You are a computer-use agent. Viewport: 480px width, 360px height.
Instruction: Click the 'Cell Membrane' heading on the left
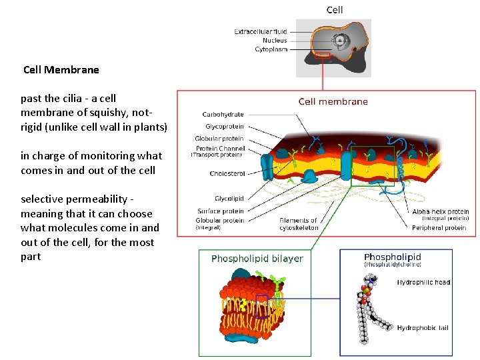tap(61, 69)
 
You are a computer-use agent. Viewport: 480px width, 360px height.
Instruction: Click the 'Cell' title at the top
tap(335, 9)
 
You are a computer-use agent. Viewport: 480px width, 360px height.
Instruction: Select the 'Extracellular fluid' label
tap(261, 31)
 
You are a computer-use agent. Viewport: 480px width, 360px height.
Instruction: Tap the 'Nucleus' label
tap(274, 40)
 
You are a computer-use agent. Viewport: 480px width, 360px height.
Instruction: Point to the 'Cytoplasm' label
tap(271, 49)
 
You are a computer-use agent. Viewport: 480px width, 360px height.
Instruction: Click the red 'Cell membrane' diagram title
tap(333, 101)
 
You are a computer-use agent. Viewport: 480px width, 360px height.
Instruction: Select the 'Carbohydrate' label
tap(223, 114)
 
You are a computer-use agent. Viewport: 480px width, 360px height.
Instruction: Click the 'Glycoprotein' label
tap(224, 126)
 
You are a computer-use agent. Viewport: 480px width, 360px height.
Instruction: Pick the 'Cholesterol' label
tap(227, 173)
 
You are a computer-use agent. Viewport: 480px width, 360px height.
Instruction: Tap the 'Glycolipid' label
tap(229, 198)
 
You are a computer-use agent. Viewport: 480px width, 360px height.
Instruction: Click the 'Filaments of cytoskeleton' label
tap(299, 224)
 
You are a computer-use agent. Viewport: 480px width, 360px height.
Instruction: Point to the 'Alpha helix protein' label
tap(440, 211)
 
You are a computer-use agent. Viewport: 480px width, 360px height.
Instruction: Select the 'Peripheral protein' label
tap(439, 228)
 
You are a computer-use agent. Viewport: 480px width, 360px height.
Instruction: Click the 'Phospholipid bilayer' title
tap(257, 259)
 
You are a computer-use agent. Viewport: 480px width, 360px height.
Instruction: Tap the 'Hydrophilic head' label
tap(423, 282)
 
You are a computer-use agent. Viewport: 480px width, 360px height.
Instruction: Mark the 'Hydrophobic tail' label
tap(423, 327)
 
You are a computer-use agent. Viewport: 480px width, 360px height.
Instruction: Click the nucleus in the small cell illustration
tap(341, 42)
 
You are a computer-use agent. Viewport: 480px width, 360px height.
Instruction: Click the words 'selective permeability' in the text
tap(73, 199)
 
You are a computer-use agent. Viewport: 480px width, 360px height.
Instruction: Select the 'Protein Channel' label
tap(220, 148)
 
